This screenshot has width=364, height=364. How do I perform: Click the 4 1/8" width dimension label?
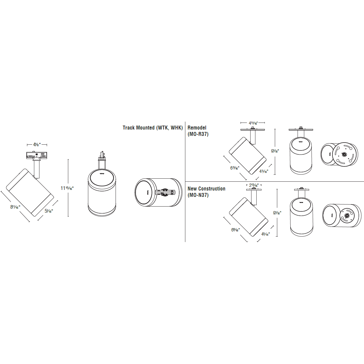(37, 145)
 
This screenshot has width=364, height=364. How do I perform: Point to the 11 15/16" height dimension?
(67, 188)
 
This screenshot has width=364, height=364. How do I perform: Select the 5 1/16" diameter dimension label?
(49, 211)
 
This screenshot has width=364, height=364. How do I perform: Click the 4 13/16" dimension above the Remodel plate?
(253, 123)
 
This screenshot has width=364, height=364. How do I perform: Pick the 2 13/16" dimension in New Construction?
(254, 185)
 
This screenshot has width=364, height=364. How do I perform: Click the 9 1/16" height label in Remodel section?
(275, 151)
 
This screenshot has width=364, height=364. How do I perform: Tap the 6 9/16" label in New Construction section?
(235, 230)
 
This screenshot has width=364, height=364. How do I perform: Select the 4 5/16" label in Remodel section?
(264, 171)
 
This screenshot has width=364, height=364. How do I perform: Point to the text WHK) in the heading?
(177, 128)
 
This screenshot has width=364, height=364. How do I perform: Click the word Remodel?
(197, 128)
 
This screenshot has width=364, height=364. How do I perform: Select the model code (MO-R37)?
(198, 134)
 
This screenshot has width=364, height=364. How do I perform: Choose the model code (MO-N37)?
(198, 195)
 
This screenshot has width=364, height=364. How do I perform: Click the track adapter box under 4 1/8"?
(37, 156)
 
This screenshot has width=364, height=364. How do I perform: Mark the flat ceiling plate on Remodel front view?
(301, 130)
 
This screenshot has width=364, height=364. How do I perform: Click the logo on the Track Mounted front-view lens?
(102, 174)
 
